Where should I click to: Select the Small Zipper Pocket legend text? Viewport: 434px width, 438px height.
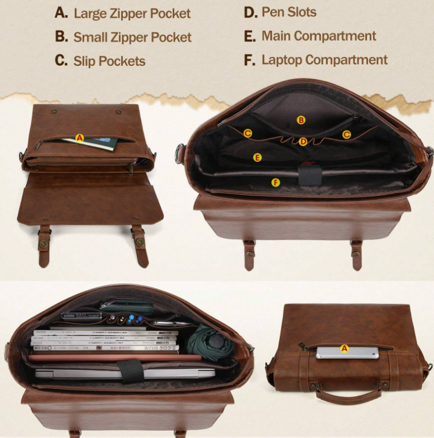click(x=132, y=37)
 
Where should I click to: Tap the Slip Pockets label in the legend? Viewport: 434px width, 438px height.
click(x=109, y=61)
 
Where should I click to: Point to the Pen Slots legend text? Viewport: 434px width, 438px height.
click(x=289, y=12)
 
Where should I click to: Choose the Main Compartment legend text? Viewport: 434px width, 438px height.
click(x=318, y=36)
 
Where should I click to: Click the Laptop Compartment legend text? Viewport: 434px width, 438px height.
click(x=324, y=60)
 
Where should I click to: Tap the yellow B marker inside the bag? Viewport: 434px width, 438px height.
click(x=301, y=120)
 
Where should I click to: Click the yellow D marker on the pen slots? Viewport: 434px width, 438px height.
click(x=303, y=142)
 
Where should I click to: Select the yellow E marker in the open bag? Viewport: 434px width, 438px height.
click(x=257, y=157)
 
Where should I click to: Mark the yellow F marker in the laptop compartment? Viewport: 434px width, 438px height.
click(x=275, y=182)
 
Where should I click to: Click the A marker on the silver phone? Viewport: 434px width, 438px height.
click(x=344, y=348)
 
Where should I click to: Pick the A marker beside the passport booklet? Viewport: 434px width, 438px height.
click(x=79, y=138)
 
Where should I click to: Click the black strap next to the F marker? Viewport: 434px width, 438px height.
click(x=310, y=174)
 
